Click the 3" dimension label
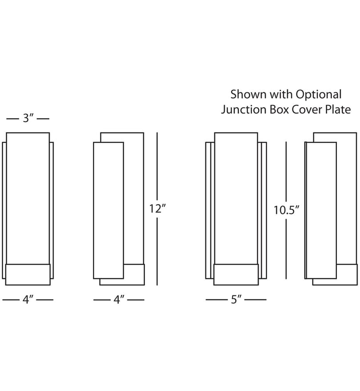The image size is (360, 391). point(28,118)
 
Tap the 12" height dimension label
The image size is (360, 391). point(157,209)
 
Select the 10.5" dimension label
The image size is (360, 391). point(286,210)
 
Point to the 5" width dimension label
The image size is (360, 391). point(236,299)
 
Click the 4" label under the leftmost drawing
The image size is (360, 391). point(28,299)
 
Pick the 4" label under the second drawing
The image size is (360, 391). point(119,299)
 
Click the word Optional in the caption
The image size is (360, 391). point(319,95)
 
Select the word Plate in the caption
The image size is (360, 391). point(338,109)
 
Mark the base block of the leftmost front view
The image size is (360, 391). point(28,275)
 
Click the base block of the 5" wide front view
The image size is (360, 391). point(236,275)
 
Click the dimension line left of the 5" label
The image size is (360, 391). point(217,299)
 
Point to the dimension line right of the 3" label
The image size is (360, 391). point(43,119)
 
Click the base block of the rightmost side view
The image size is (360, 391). point(335,275)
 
